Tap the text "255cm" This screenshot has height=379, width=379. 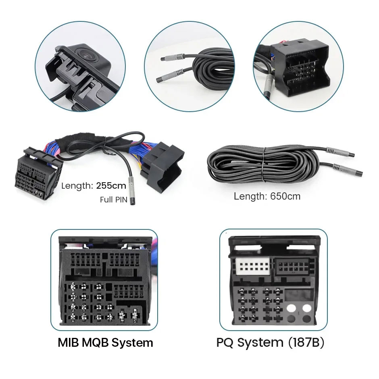click(x=111, y=185)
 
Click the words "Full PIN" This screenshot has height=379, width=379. click(x=114, y=200)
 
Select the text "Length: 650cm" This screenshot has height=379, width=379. click(x=267, y=196)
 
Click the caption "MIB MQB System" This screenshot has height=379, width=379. click(x=105, y=342)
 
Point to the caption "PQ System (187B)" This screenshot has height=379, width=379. click(x=270, y=342)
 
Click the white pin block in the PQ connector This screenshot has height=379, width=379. click(x=253, y=266)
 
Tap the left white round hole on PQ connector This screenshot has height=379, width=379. click(x=291, y=308)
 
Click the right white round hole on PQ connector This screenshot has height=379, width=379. click(x=307, y=308)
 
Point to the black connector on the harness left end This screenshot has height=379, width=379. click(x=38, y=173)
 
